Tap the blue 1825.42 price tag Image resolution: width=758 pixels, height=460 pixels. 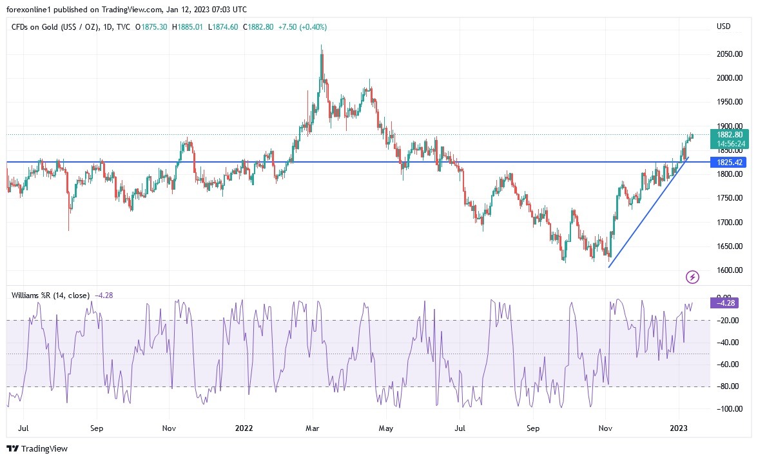pos(726,162)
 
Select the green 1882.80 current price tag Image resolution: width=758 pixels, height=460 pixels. pos(726,134)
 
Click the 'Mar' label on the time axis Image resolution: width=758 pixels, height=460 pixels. pos(313,428)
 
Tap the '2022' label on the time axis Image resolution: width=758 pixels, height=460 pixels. pos(244,428)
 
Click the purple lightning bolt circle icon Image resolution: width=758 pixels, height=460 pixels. pos(692,277)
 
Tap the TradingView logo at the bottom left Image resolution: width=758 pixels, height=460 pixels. pos(37,448)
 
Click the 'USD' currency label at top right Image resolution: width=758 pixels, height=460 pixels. pos(723,26)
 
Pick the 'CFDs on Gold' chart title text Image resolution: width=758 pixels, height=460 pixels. pos(35,27)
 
